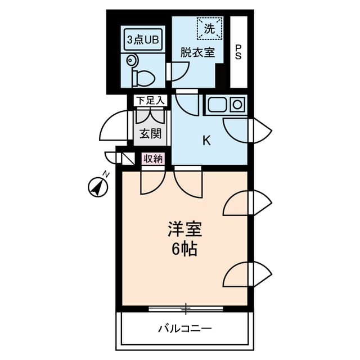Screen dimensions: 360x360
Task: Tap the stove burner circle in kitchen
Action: (237, 103)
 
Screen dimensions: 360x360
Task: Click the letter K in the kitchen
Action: (206, 141)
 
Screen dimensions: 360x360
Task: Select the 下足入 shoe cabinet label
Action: (150, 101)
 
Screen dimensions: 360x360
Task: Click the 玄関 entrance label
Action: (150, 133)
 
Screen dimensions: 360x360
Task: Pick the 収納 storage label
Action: (153, 159)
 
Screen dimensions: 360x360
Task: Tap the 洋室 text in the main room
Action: (184, 230)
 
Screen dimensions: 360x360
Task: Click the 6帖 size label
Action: (184, 249)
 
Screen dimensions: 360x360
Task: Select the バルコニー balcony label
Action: (184, 328)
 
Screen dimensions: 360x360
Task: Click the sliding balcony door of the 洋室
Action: (186, 308)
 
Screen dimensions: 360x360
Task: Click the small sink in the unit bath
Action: (133, 60)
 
